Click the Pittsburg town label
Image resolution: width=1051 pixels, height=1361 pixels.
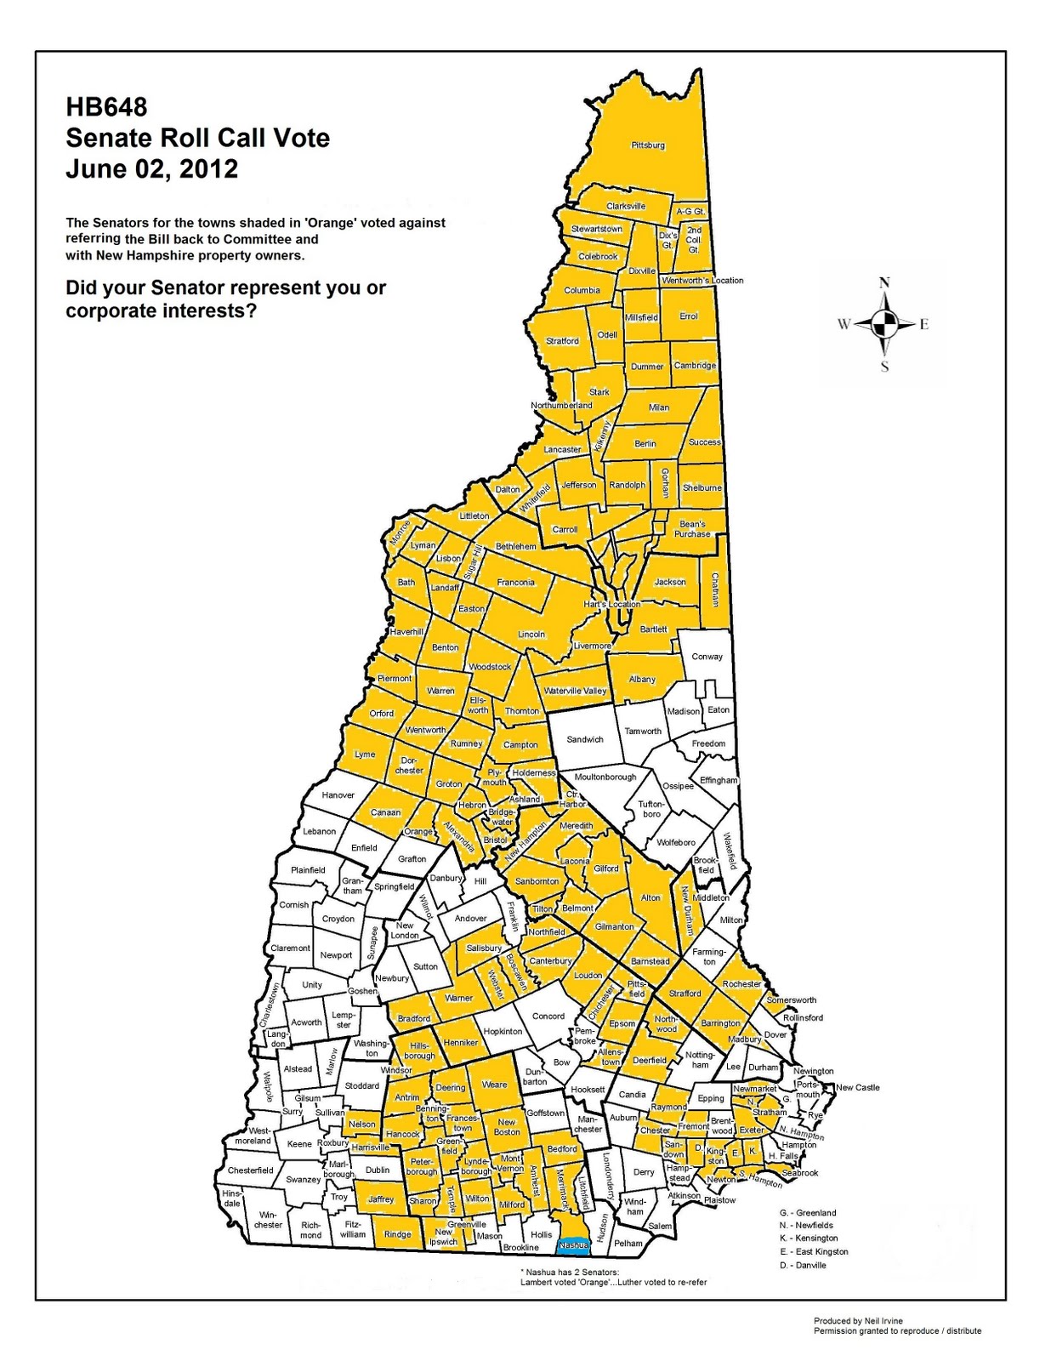(648, 145)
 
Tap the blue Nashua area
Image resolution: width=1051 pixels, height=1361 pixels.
(573, 1245)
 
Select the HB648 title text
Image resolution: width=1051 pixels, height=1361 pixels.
(106, 107)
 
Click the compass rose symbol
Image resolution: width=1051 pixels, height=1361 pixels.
(884, 323)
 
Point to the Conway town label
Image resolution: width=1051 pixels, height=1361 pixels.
(707, 657)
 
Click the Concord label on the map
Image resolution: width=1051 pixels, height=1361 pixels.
(548, 1016)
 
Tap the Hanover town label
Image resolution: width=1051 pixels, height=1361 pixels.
(338, 795)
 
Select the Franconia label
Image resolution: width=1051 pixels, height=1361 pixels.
(516, 583)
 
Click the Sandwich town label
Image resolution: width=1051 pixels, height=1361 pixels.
(585, 739)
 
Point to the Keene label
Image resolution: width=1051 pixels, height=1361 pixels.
(299, 1144)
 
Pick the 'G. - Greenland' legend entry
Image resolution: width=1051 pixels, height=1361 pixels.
(808, 1212)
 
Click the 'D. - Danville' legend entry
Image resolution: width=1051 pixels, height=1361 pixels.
(803, 1265)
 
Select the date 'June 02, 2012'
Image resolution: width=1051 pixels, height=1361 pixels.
(152, 168)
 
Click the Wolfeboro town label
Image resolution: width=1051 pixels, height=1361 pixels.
(676, 842)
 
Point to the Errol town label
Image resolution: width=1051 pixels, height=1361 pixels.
(689, 316)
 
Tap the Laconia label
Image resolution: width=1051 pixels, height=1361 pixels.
(575, 861)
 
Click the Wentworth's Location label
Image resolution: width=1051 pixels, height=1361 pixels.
(702, 280)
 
